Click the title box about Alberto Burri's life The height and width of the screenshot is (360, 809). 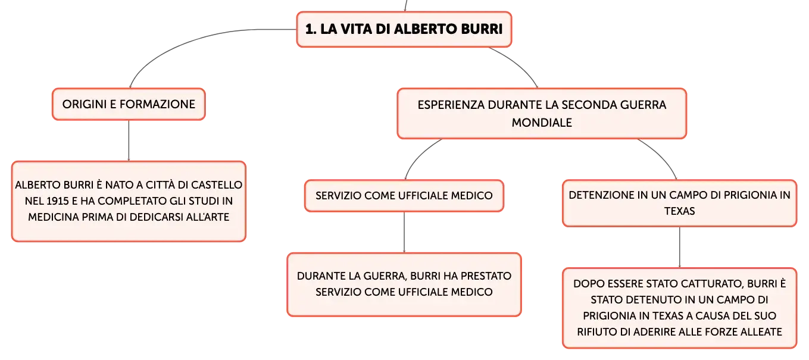coord(404,29)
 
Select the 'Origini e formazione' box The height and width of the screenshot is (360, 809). coord(129,104)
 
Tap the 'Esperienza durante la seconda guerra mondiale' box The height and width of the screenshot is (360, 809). coord(542,114)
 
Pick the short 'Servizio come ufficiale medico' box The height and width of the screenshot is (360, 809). coord(404,196)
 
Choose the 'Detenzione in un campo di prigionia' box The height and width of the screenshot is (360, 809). coord(679,204)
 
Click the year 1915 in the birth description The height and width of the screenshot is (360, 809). coord(57,201)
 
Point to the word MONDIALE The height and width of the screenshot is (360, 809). coord(542,123)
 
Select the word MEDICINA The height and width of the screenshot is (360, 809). coord(54,217)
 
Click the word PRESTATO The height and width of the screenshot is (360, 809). coord(486,276)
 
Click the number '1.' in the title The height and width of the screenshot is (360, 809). coord(311,29)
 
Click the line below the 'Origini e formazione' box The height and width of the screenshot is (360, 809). coord(129,140)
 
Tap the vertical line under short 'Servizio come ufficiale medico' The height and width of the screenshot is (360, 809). coord(404,232)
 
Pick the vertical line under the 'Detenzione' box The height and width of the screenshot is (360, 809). coord(680,248)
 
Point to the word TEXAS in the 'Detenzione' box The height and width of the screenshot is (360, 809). coord(679,211)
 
